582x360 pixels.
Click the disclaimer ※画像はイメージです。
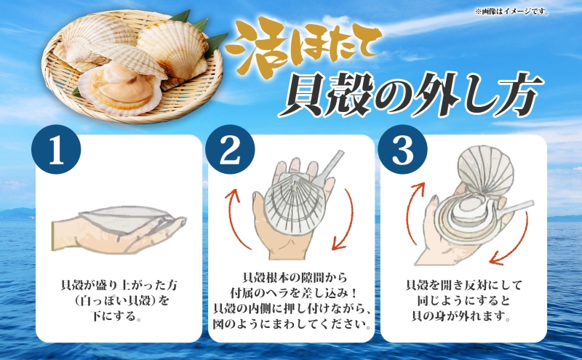click(536, 11)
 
